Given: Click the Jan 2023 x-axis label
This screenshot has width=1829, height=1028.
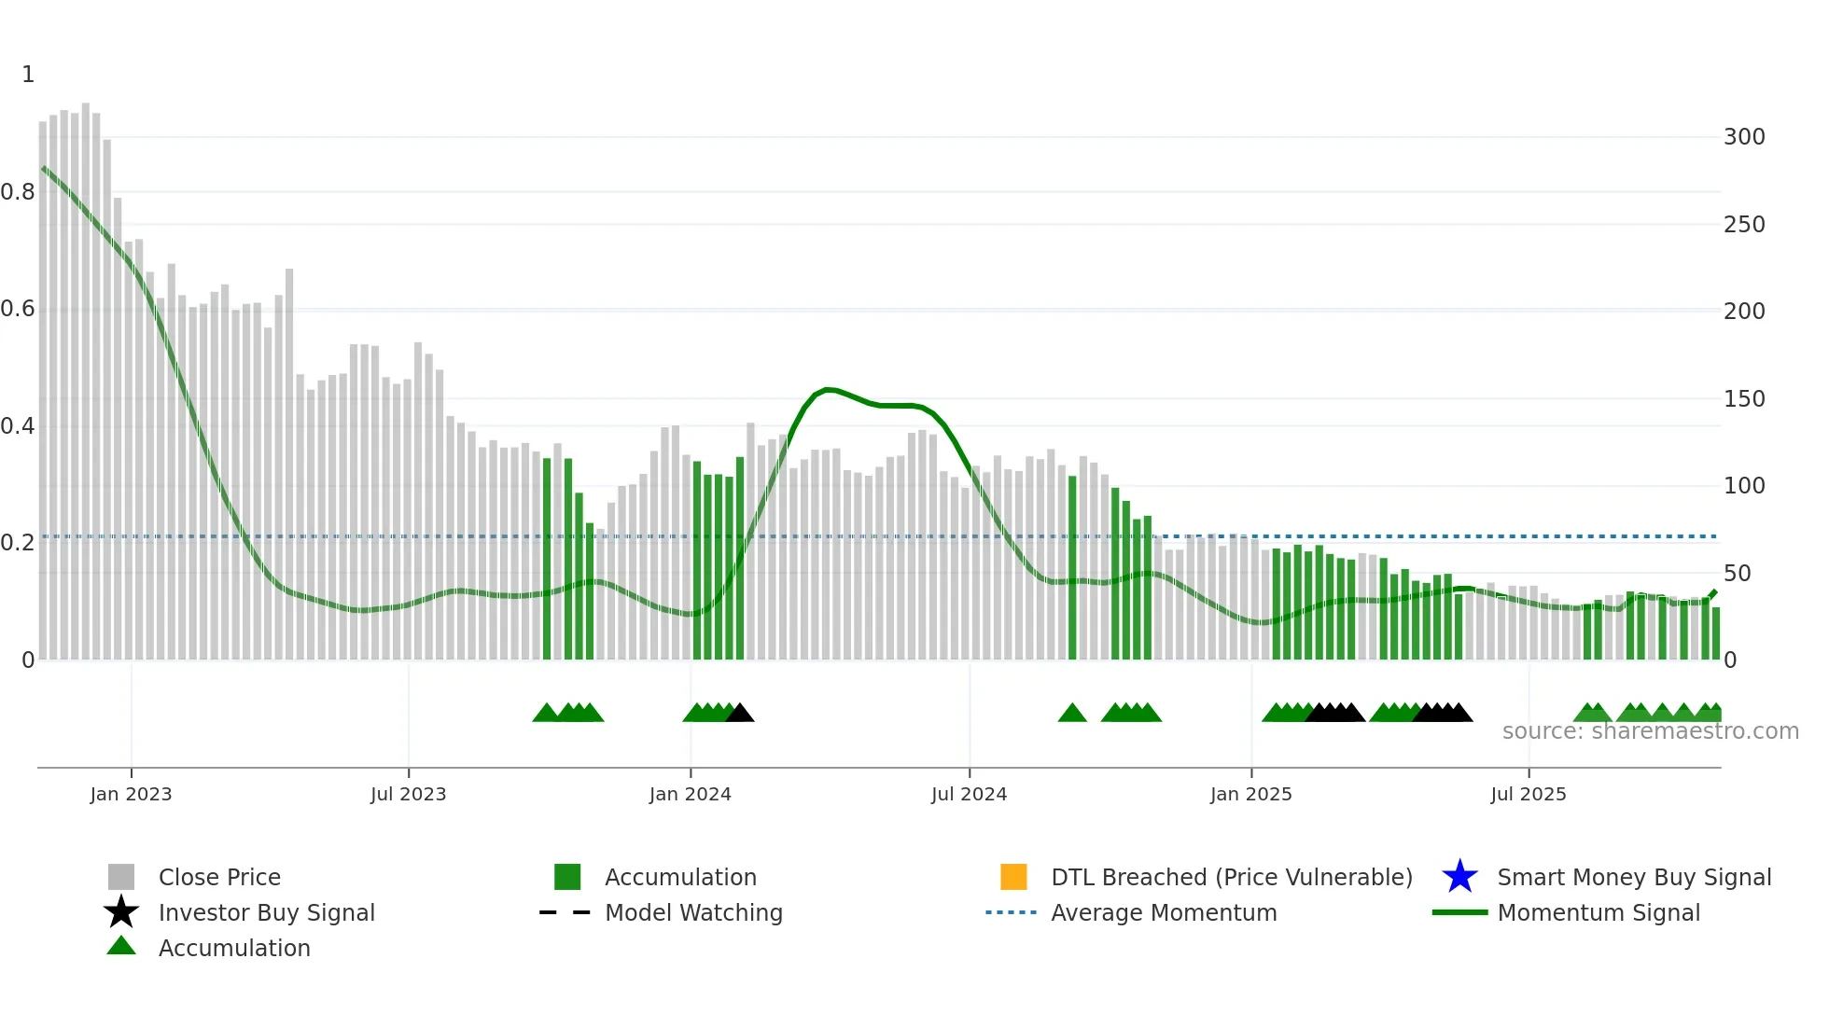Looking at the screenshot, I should point(131,794).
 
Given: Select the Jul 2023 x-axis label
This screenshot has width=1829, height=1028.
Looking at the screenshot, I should point(408,794).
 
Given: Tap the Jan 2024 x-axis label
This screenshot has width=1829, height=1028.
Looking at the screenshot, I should point(690,794).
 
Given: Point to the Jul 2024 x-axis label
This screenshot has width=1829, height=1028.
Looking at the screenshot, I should point(969,794).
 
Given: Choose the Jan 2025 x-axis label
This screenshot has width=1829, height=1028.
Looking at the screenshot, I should point(1250,794).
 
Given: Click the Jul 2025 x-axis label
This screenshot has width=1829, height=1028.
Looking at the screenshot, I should point(1528,794).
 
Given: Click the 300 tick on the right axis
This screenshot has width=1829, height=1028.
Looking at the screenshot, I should point(1743,137).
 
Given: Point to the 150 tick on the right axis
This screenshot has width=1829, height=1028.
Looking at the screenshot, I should point(1743,399).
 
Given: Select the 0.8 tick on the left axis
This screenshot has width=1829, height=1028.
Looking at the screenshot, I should point(18,192).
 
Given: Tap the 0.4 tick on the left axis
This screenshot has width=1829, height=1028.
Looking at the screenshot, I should point(18,426).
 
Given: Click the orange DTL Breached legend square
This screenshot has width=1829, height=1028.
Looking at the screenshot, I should point(1013,877).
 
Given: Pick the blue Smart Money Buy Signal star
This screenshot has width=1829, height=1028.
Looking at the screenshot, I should point(1459,877).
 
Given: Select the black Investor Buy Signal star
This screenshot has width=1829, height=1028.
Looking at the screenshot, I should point(121,912).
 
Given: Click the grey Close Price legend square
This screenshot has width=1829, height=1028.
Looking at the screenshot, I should point(121,877).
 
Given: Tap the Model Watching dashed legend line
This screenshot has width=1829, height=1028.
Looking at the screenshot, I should point(565,912).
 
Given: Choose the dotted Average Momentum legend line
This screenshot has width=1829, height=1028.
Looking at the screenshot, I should point(1011,912).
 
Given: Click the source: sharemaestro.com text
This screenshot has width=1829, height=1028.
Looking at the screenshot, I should point(1650,731).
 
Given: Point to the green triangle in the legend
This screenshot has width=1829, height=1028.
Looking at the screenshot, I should point(121,946).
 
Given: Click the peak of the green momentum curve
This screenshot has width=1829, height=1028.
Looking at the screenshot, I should point(827,389).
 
